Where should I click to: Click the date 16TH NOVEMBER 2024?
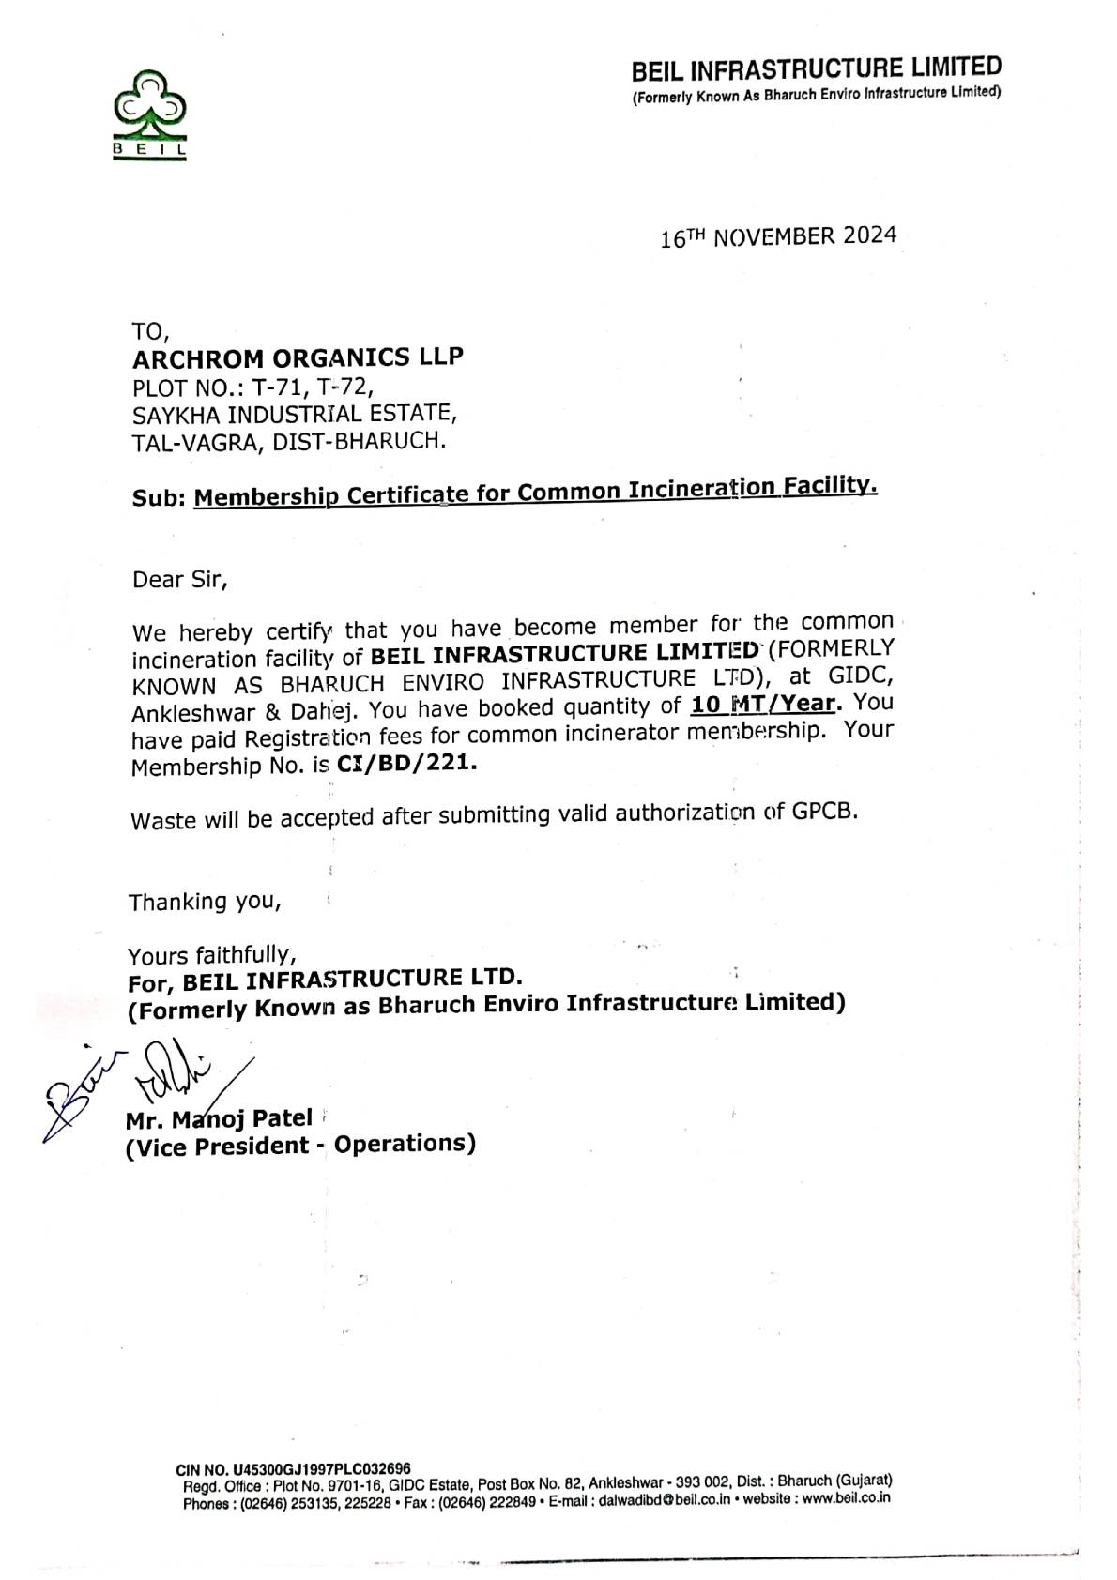click(778, 235)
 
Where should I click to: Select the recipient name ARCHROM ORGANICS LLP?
click(298, 357)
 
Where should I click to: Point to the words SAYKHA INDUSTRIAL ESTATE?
click(295, 413)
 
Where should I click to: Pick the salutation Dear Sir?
click(179, 579)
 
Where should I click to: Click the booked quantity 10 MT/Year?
click(763, 704)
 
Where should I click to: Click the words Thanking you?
click(205, 902)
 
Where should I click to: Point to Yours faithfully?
click(212, 955)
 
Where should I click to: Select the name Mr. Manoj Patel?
click(219, 1118)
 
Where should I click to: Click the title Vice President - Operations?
click(300, 1145)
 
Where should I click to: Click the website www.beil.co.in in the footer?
click(846, 1498)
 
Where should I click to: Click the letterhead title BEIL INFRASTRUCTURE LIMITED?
click(816, 68)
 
